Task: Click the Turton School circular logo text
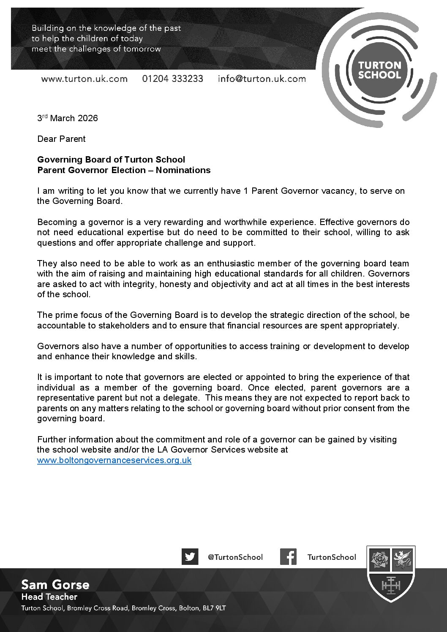[x=379, y=70]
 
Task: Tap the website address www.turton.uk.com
[x=84, y=79]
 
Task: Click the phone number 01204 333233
[x=172, y=79]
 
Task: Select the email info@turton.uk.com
[x=262, y=79]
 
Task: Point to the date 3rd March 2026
[x=68, y=118]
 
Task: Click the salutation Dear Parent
[x=61, y=139]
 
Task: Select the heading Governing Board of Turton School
[x=111, y=160]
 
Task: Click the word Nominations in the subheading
[x=183, y=170]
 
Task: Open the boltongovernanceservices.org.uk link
[x=114, y=460]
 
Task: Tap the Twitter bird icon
[x=190, y=556]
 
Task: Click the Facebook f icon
[x=288, y=556]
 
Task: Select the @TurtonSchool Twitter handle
[x=235, y=557]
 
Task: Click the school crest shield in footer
[x=391, y=574]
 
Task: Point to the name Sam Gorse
[x=55, y=585]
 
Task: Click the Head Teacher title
[x=49, y=597]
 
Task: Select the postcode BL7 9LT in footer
[x=214, y=608]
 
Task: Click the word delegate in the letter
[x=181, y=398]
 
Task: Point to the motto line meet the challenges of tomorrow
[x=96, y=49]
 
